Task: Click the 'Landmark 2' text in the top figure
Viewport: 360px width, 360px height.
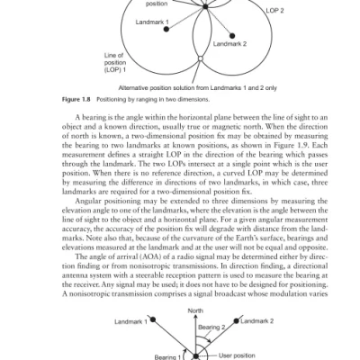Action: click(x=230, y=43)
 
